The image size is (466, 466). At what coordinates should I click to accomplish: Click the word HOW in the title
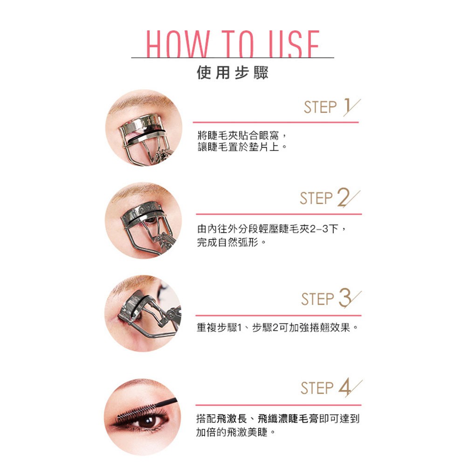[x=178, y=44]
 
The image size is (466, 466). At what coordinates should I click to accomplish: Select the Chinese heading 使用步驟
[x=233, y=73]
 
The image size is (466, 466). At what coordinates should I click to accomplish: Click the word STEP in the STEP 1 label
[x=321, y=107]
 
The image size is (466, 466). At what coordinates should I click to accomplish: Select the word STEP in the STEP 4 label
[x=317, y=388]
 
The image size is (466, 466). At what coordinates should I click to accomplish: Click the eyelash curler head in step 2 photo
[x=142, y=212]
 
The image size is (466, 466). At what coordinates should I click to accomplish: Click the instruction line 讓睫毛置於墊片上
[x=242, y=147]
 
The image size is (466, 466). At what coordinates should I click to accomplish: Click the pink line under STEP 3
[x=279, y=315]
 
